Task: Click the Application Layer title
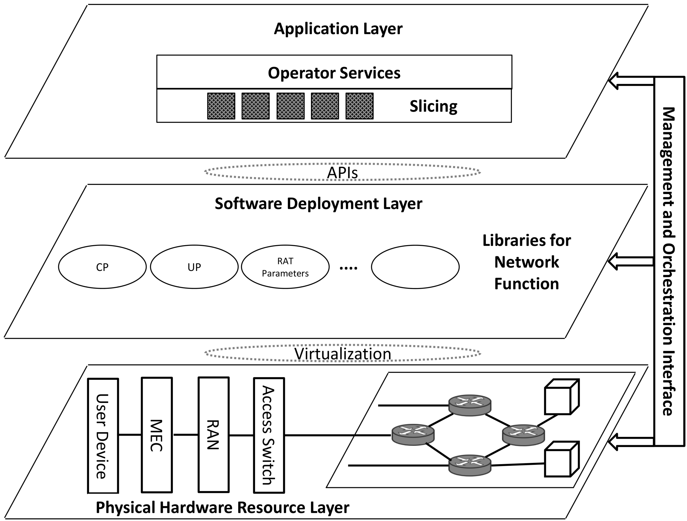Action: [338, 29]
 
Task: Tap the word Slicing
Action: [433, 106]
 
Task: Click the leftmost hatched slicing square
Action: [221, 106]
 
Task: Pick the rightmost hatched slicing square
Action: [359, 106]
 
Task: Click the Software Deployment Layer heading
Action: [318, 204]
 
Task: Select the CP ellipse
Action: [102, 267]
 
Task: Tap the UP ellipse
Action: [194, 267]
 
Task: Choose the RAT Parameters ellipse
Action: [285, 267]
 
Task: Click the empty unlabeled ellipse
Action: [415, 267]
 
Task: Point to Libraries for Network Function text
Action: [526, 262]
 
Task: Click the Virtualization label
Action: [342, 354]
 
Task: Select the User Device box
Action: [103, 436]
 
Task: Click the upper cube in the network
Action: [561, 398]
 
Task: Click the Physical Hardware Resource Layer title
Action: [222, 507]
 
